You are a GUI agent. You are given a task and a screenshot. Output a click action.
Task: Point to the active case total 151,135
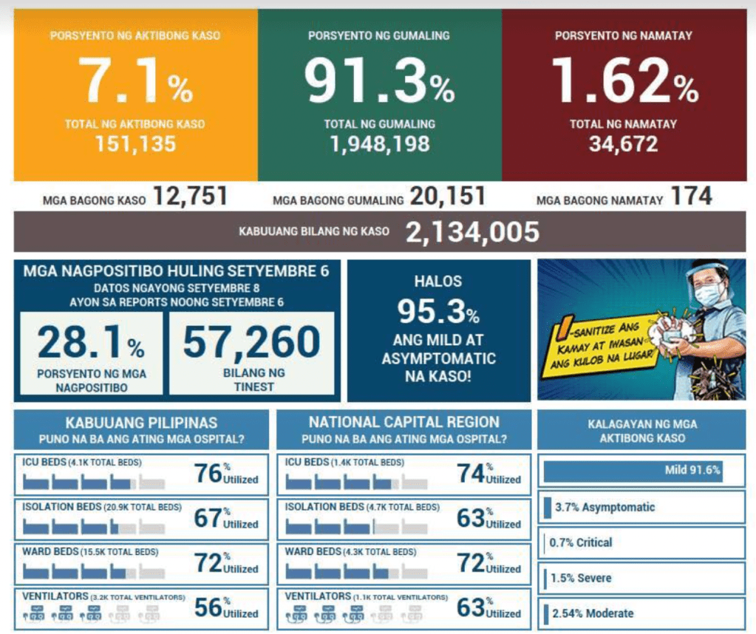tap(135, 143)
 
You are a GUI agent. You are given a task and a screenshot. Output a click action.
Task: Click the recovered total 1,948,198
tap(380, 143)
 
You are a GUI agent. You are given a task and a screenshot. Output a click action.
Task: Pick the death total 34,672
tap(623, 143)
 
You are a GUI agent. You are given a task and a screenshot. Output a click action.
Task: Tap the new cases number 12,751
tap(190, 197)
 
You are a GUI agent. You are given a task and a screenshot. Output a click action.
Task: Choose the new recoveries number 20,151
tap(449, 197)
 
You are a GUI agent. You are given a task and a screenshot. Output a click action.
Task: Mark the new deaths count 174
tap(691, 197)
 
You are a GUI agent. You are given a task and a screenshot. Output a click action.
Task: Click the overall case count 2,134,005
tap(472, 232)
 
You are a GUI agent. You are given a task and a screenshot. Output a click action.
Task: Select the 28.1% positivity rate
tap(91, 342)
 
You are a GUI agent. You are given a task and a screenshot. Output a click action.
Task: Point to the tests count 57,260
tap(251, 342)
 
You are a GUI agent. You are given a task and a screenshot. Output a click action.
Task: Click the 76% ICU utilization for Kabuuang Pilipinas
tap(208, 473)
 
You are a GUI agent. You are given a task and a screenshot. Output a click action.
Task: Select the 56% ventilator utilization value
tap(208, 607)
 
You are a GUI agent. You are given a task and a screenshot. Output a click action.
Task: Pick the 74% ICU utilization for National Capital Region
tap(470, 473)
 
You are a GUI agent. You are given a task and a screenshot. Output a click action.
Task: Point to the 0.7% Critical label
tap(581, 542)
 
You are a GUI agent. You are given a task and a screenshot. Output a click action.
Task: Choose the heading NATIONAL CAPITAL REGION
tap(403, 422)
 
